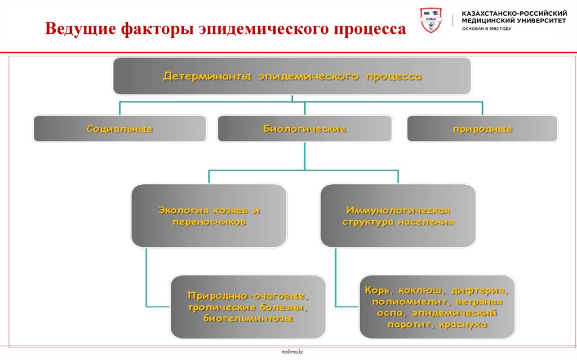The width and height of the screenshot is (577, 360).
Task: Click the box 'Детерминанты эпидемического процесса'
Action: [x=292, y=76]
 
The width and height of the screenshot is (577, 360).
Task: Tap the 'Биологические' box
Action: [x=304, y=129]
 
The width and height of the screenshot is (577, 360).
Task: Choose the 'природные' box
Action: [x=482, y=129]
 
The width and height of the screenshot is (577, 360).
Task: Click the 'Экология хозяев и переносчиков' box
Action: [x=209, y=216]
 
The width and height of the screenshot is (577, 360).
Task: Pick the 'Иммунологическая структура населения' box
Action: [x=398, y=216]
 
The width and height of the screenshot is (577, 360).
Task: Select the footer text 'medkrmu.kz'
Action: [x=292, y=352]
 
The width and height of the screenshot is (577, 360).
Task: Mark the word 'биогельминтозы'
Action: [x=248, y=318]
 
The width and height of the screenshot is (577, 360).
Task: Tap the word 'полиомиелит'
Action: [x=403, y=302]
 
